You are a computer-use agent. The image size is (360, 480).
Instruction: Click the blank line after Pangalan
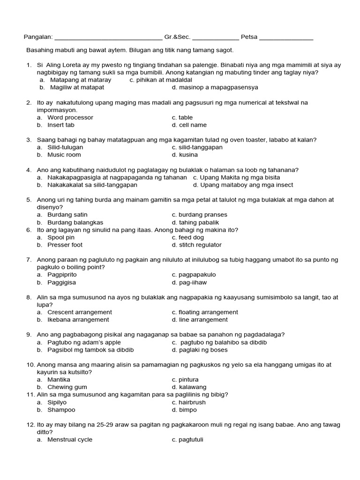(x=108, y=38)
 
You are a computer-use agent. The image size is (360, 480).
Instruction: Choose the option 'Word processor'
(x=70, y=117)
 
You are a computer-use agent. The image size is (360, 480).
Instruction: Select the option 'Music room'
(x=64, y=155)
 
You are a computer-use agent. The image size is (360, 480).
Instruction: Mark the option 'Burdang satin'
(x=67, y=215)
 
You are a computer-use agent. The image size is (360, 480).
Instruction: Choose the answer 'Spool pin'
(x=61, y=237)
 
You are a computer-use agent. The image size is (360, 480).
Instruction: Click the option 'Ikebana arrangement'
(x=78, y=320)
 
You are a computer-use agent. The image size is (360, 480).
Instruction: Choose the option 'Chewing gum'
(x=67, y=387)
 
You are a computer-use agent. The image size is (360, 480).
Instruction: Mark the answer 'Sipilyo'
(x=57, y=402)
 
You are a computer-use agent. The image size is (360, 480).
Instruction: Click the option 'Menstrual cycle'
(x=70, y=440)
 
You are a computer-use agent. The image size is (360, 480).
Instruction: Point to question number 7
(x=29, y=260)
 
